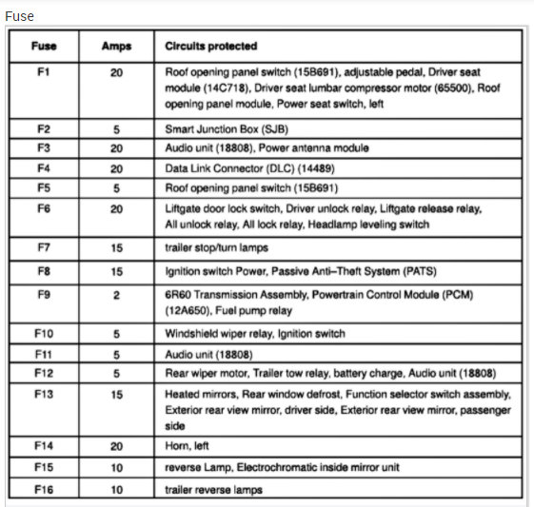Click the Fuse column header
pyautogui.click(x=44, y=47)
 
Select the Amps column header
pyautogui.click(x=116, y=47)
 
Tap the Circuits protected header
pyautogui.click(x=210, y=47)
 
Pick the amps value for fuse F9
pyautogui.click(x=116, y=296)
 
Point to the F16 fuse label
pyautogui.click(x=44, y=490)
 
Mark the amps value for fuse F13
pyautogui.click(x=116, y=394)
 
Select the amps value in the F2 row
pyautogui.click(x=116, y=128)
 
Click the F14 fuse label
pyautogui.click(x=44, y=444)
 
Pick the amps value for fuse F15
pyautogui.click(x=116, y=467)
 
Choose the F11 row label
pyautogui.click(x=44, y=353)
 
